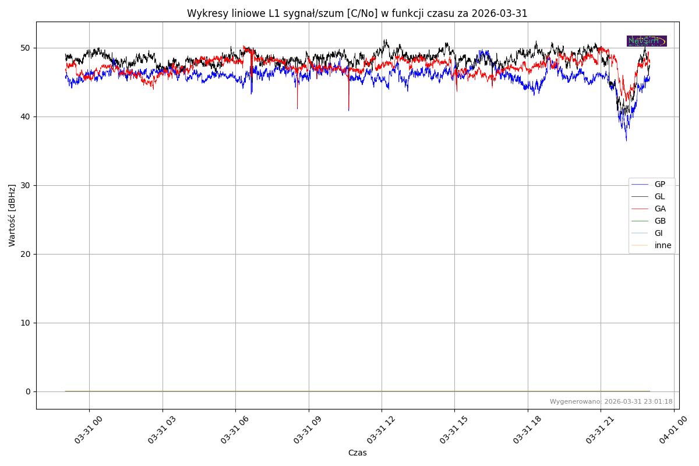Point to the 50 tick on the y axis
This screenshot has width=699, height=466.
(x=26, y=48)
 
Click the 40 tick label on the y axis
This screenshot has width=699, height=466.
(x=26, y=116)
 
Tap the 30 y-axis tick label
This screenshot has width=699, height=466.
(x=26, y=185)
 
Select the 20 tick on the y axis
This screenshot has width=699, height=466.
(x=26, y=254)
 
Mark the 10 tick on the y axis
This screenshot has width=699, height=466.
(x=26, y=323)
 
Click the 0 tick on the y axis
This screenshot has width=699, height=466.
(x=28, y=391)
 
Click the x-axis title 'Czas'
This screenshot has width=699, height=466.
(x=357, y=453)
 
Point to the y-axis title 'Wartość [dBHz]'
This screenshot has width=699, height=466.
(x=12, y=215)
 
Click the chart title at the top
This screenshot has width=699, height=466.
(x=357, y=13)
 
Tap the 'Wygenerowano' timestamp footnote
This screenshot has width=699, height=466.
(x=611, y=401)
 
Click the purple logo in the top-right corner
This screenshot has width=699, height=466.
(x=647, y=41)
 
